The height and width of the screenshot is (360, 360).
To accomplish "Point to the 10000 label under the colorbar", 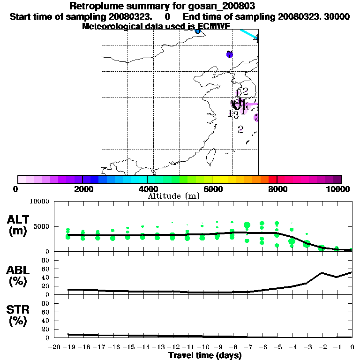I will tap(338, 189).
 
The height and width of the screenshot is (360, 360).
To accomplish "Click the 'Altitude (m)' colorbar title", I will tap(173, 196).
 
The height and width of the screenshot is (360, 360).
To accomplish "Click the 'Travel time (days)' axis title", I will tap(205, 356).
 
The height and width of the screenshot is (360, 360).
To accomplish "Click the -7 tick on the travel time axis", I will tap(247, 347).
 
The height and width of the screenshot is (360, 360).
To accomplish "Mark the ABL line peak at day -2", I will tap(322, 273).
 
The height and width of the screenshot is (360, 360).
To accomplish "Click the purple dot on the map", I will tap(229, 54).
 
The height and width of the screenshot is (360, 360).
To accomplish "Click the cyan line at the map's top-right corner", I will tap(248, 34).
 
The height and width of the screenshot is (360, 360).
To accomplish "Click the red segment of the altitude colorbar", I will tap(272, 179).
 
